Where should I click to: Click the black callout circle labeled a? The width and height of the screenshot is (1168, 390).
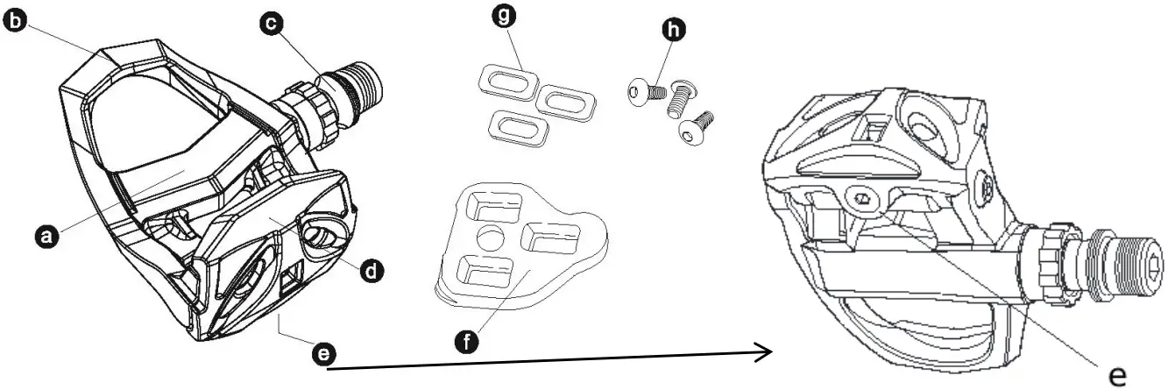click(47, 236)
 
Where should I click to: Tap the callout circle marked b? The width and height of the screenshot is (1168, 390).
click(16, 21)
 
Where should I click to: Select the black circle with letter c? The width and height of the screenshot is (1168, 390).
click(272, 24)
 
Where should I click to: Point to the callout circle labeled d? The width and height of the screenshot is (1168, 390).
click(372, 271)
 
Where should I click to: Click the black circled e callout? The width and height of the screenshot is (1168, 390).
click(323, 355)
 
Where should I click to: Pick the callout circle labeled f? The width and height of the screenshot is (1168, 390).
click(466, 343)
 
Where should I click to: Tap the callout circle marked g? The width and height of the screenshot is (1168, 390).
click(504, 16)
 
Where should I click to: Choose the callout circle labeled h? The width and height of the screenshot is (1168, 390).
click(674, 29)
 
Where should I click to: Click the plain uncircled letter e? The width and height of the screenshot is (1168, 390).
click(1117, 375)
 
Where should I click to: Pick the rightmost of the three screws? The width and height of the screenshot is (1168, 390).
click(696, 127)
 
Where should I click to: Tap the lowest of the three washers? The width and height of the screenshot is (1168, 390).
click(519, 127)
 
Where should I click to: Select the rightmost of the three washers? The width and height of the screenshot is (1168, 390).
click(566, 101)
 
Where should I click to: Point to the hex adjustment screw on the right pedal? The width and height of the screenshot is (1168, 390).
click(861, 199)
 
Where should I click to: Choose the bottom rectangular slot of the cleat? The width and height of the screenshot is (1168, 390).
click(485, 271)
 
